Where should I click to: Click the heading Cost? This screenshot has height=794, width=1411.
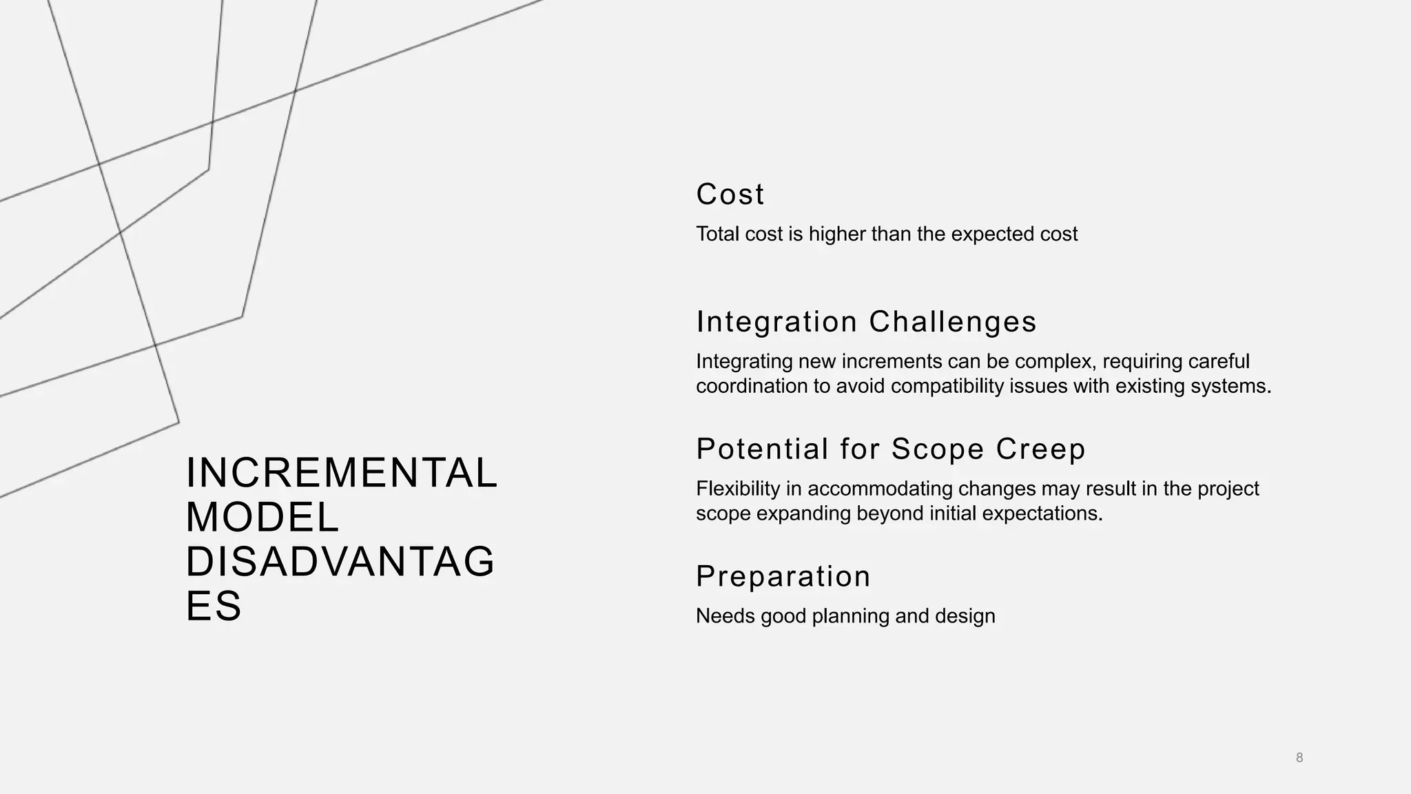(730, 194)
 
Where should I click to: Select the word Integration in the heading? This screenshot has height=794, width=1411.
(776, 322)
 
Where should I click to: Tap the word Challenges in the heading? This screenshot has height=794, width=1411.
(952, 322)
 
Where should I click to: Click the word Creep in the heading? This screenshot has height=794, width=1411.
(1040, 449)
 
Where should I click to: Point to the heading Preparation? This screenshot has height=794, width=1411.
(783, 576)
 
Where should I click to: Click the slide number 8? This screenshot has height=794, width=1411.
(1299, 757)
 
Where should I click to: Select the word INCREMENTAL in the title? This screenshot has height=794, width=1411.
(342, 474)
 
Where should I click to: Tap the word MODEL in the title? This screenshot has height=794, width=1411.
(262, 518)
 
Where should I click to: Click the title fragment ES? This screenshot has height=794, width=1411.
(214, 606)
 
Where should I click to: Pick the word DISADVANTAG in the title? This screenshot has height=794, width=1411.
(340, 562)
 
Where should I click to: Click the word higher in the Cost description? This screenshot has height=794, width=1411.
(837, 234)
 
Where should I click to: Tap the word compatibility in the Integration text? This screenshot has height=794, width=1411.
(947, 386)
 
